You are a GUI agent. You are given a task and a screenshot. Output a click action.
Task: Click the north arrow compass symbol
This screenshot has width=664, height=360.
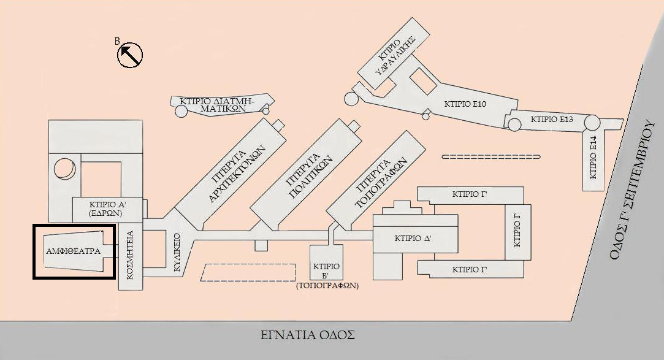130,55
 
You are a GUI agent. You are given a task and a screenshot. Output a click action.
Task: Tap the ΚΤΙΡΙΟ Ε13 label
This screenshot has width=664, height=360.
551,120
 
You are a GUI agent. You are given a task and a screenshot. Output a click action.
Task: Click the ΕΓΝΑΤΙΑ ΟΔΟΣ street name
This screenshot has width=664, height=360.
307,335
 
